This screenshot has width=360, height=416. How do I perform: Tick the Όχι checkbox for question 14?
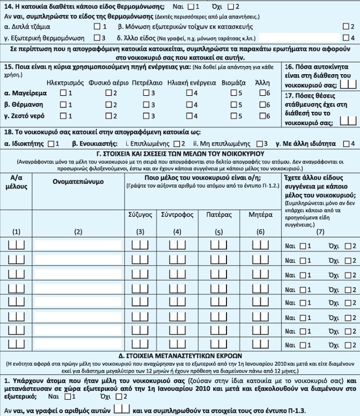[x=231, y=7]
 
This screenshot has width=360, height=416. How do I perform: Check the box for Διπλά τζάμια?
[x=97, y=27]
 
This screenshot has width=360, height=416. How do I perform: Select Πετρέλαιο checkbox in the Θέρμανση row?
[x=146, y=104]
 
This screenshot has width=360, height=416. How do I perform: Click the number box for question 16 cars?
[x=348, y=84]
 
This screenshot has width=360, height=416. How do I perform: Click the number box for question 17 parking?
[x=348, y=119]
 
